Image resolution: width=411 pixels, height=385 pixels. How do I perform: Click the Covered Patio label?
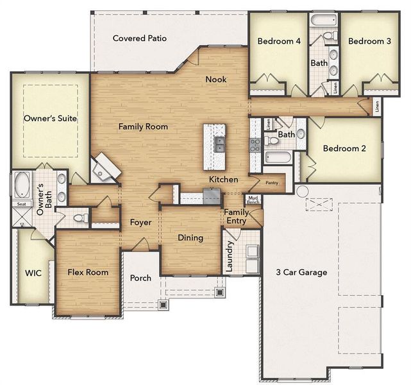coord(140,38)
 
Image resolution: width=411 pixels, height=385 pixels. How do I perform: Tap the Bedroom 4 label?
coord(279,41)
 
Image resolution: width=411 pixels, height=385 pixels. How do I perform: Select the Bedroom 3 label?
coord(369,41)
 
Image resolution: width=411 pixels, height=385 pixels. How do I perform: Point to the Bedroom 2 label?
coord(344,148)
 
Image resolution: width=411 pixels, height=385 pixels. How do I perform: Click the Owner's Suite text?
coord(50,119)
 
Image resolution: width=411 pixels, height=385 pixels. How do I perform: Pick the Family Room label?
coord(143,127)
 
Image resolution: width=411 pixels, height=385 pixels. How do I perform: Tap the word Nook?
coord(215,80)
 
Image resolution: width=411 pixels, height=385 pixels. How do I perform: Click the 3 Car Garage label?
coord(301,272)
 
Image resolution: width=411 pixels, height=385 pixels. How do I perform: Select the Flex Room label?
coord(88,272)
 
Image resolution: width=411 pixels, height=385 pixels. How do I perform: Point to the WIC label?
coord(33,273)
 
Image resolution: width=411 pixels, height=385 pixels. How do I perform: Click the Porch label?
coord(140,278)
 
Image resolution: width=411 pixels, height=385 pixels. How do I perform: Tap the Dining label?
coord(190,238)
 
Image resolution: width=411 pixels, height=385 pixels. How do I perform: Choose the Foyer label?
coord(140,223)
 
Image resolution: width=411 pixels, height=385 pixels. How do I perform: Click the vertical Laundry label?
coord(230,256)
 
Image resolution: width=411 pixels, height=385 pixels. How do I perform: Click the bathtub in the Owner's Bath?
coord(22,185)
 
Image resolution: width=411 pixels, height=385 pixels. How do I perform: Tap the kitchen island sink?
coord(219,144)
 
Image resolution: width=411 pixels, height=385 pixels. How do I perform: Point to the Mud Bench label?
coord(253,200)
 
